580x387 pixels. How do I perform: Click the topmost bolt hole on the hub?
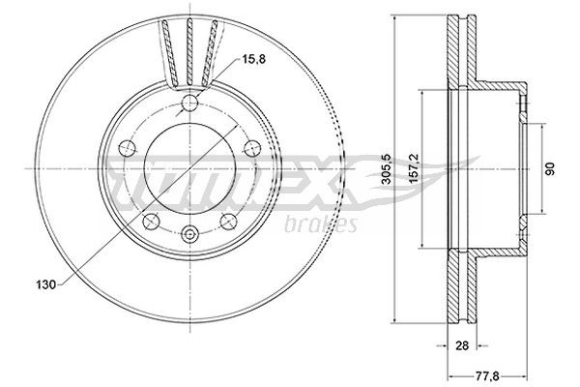point(189,104)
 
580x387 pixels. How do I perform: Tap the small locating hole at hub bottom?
point(189,233)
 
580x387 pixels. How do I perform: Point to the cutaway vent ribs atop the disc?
point(189,48)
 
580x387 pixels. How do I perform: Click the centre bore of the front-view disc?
point(189,169)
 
